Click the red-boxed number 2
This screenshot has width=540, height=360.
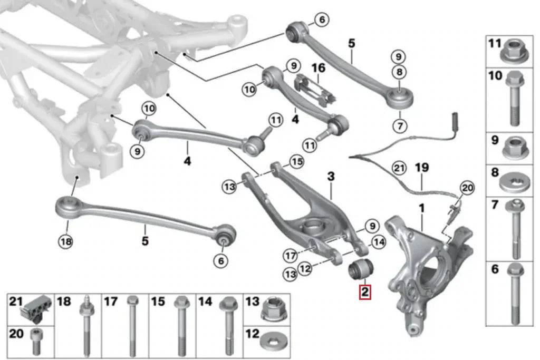click(365, 292)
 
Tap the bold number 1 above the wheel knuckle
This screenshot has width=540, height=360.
click(421, 209)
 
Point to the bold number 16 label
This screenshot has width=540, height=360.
click(319, 68)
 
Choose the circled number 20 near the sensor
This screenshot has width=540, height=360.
click(467, 187)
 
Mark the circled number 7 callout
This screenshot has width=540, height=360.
click(399, 125)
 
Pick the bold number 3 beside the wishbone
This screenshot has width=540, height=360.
click(331, 177)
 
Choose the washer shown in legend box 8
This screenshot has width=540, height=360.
click(515, 183)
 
